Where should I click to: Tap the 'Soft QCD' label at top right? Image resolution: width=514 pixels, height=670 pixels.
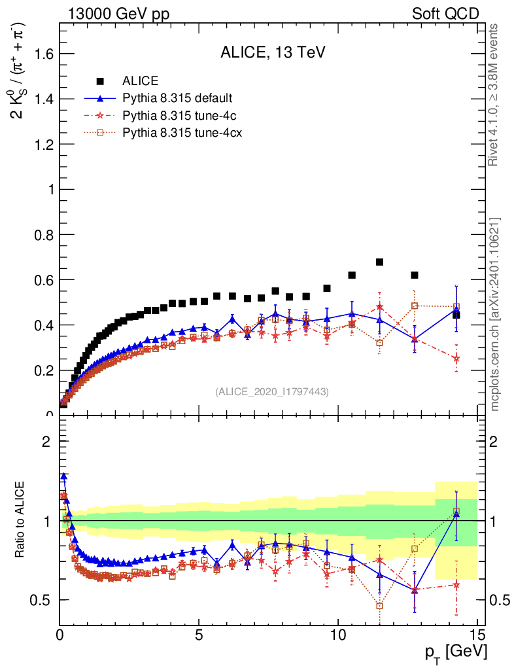point(445,14)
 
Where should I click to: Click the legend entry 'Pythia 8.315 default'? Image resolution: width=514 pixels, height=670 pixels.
point(177,99)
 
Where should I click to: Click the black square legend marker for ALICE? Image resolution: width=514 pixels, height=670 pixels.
point(100,81)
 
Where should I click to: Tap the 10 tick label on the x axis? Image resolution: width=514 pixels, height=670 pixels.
point(337,635)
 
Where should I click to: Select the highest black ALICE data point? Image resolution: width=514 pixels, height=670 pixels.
point(379,262)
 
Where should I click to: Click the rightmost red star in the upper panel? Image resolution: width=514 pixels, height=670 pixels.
point(456,359)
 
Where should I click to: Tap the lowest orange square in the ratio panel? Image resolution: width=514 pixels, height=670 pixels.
point(379,606)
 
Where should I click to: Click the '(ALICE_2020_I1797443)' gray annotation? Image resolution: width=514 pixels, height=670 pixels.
point(272,391)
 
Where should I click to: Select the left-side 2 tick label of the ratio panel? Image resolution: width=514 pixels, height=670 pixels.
point(46,441)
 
